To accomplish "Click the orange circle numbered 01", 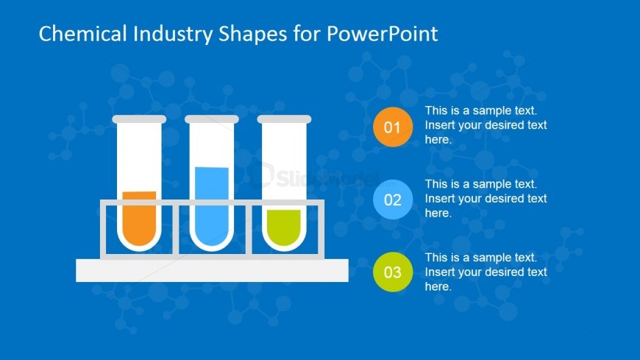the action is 393,127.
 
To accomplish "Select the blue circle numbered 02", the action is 393,200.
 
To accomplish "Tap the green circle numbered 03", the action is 393,272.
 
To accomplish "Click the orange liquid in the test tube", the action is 139,218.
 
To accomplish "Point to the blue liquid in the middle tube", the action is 211,206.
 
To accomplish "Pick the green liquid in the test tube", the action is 284,227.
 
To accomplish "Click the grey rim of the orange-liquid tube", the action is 139,119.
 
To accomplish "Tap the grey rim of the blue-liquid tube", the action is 211,119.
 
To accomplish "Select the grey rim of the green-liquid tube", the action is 284,119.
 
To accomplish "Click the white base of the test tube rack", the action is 213,270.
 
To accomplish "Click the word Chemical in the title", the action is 83,34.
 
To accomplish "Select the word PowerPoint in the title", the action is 383,34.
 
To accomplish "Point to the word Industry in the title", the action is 173,35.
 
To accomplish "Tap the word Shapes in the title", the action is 253,35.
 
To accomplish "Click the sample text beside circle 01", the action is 486,125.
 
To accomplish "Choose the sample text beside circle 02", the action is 486,199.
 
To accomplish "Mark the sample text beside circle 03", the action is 486,272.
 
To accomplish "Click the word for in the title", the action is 307,34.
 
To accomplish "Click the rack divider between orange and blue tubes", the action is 176,230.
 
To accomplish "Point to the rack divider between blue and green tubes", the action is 249,230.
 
